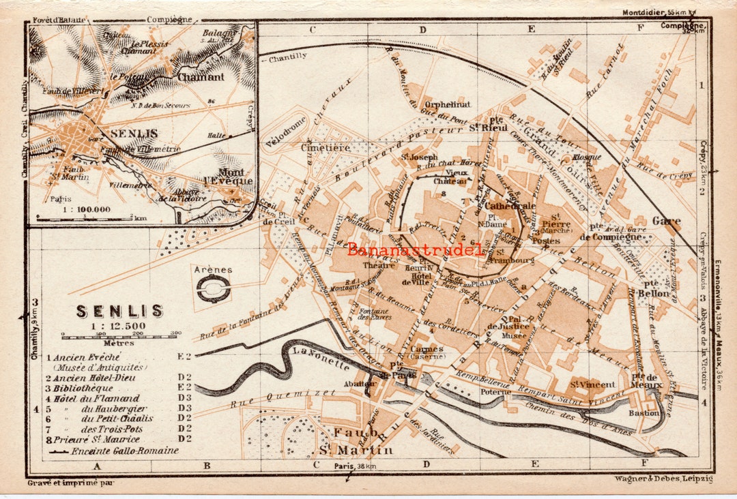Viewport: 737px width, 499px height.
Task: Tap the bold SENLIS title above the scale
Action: click(119, 312)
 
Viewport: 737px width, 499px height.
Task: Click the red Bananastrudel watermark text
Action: click(415, 249)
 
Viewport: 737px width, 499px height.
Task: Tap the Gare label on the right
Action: click(666, 221)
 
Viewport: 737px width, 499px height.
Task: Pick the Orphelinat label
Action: click(447, 104)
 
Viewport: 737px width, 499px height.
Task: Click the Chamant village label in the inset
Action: click(201, 77)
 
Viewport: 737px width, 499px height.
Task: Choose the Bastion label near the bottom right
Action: click(644, 413)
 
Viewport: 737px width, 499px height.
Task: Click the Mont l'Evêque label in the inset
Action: click(235, 177)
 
